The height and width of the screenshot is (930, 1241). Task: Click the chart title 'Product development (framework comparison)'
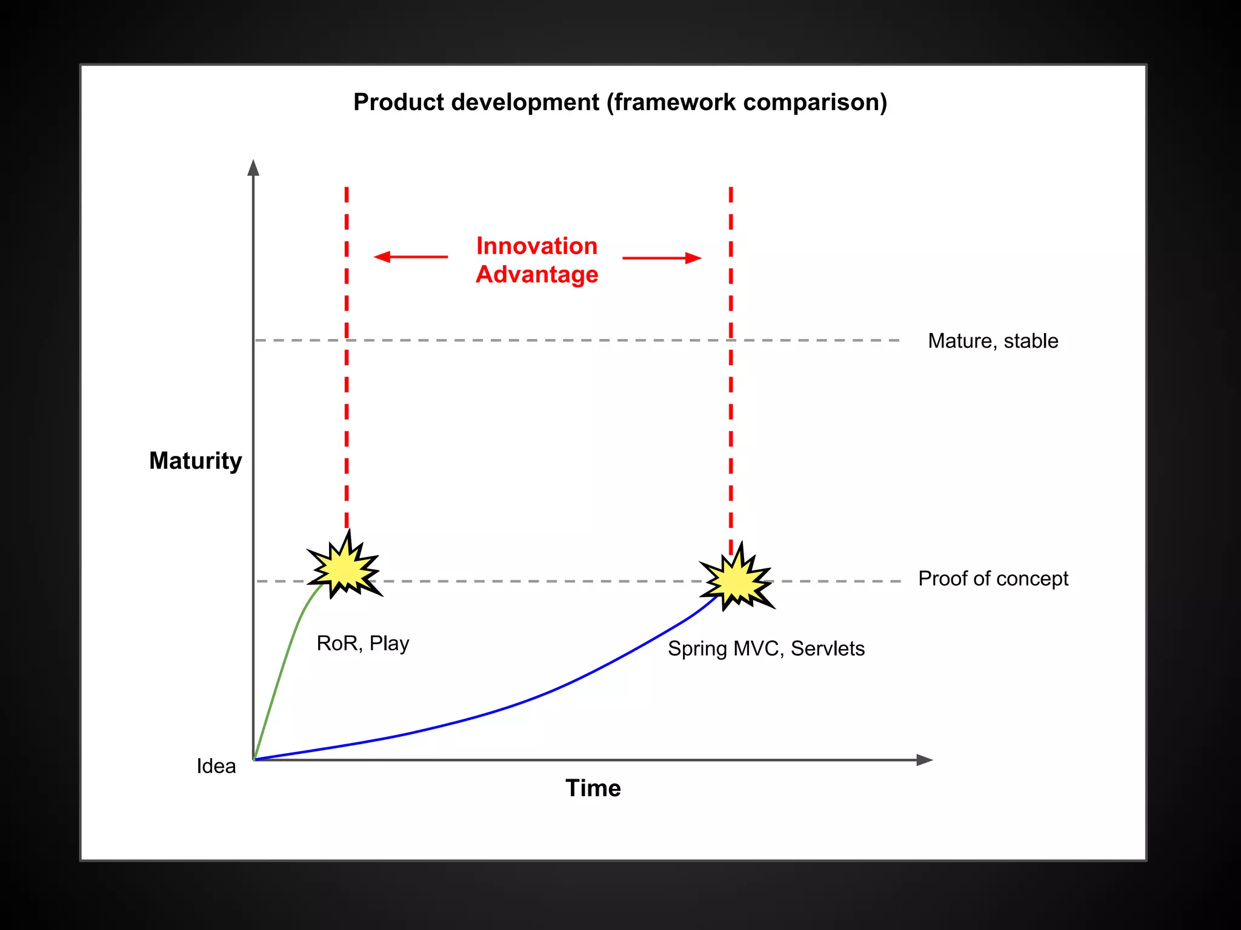(x=620, y=102)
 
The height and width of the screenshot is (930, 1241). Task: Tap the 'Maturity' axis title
(x=195, y=461)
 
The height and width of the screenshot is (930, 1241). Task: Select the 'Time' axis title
(x=593, y=788)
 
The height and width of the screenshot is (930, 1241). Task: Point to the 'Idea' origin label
(x=216, y=766)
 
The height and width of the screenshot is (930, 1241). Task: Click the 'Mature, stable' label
(x=993, y=341)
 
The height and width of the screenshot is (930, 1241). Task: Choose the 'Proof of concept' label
(x=993, y=579)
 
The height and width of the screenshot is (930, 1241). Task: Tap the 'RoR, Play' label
(x=363, y=644)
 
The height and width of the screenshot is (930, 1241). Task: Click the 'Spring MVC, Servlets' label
(x=766, y=648)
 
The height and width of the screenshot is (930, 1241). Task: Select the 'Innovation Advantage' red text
(x=537, y=260)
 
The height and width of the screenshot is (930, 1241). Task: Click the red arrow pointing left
(x=411, y=257)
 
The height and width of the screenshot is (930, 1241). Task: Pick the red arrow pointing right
(x=662, y=258)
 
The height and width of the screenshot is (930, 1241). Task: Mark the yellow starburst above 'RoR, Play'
(x=345, y=566)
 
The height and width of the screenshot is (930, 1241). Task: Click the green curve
(x=284, y=660)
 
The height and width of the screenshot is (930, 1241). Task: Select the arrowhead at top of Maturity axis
(x=253, y=168)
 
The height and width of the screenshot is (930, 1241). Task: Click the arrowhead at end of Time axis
(x=925, y=760)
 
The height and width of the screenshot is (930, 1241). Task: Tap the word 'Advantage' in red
(x=537, y=275)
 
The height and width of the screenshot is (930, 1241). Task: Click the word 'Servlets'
(x=828, y=648)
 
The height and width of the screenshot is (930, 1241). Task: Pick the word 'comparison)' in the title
(x=815, y=102)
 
